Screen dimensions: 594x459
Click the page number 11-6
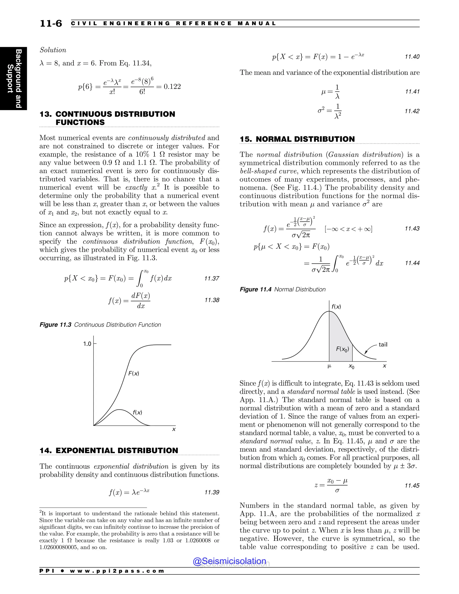(51, 24)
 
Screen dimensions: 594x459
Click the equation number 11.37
(212, 278)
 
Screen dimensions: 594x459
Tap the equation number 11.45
(412, 486)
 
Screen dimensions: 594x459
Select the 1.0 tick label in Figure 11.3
(87, 344)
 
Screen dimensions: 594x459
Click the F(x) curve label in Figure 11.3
(134, 373)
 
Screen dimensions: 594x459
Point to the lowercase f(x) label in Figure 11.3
(137, 412)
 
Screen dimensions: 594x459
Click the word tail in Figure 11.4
(383, 345)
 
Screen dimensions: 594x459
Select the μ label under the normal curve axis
(329, 366)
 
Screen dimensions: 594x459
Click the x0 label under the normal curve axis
(351, 367)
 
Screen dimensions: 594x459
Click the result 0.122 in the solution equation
(172, 87)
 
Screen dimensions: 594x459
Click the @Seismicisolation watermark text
(229, 561)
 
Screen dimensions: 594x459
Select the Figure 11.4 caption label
(255, 289)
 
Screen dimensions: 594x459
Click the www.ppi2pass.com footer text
(117, 571)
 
